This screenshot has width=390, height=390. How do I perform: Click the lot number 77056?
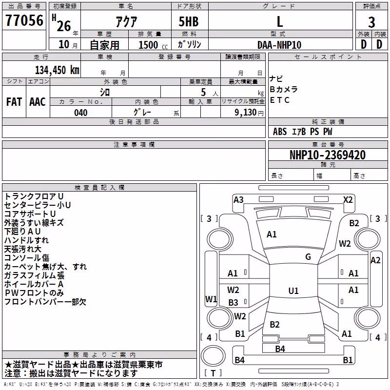(24, 20)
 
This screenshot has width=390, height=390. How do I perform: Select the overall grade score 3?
(371, 22)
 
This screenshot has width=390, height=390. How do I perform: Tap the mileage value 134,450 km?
(57, 70)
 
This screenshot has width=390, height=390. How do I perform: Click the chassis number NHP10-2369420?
(328, 155)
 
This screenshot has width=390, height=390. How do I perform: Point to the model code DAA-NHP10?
(279, 45)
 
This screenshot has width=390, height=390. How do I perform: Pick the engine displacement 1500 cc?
(153, 45)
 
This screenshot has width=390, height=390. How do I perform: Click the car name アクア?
(126, 21)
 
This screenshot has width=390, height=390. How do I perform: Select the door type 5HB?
(189, 21)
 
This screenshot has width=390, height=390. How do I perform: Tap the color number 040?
(81, 113)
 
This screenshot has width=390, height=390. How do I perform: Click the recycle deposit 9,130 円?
(249, 113)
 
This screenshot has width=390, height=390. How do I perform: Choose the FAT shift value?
(14, 102)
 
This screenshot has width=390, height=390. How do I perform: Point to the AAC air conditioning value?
(38, 102)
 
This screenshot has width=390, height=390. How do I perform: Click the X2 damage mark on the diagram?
(348, 200)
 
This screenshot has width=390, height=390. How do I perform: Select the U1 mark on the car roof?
(293, 291)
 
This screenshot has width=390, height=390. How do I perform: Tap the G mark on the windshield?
(308, 257)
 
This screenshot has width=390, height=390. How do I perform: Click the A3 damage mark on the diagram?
(238, 200)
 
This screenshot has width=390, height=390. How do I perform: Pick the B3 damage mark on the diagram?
(234, 302)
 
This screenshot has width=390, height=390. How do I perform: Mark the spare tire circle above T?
(213, 355)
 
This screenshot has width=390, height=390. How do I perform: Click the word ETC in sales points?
(279, 100)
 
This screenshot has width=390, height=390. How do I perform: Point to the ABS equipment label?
(280, 132)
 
